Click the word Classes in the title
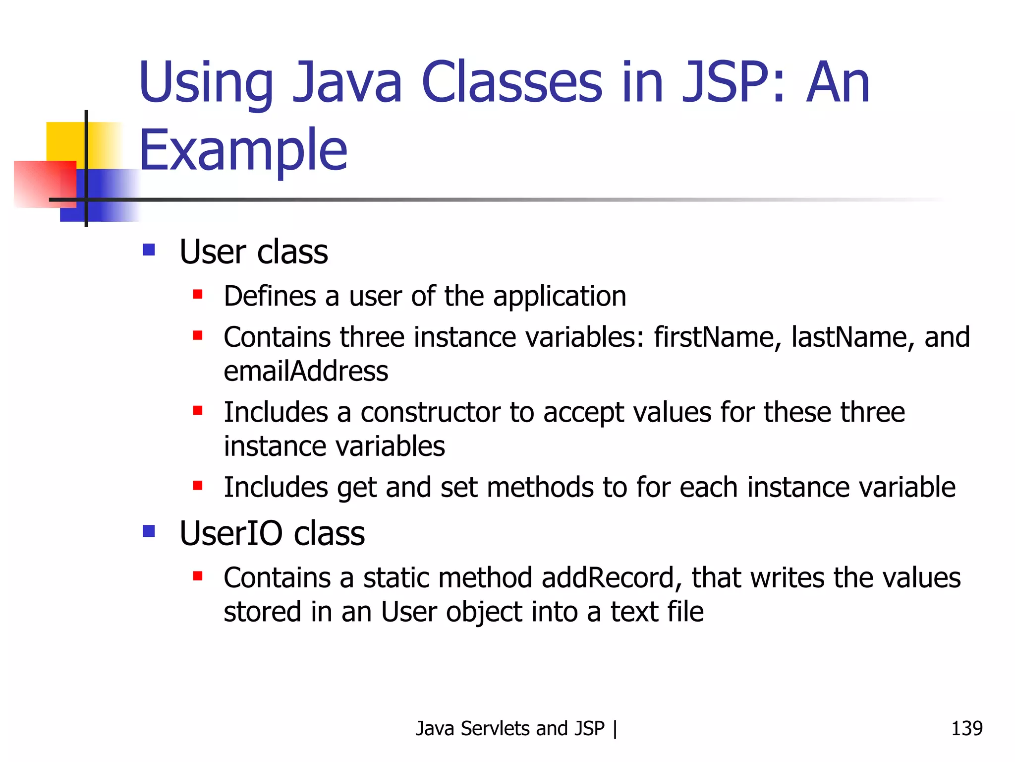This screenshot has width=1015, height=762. coord(511,82)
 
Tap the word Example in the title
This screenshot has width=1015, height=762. coord(243,150)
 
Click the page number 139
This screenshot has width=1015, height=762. coord(966,728)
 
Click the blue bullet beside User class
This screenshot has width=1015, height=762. coord(149,249)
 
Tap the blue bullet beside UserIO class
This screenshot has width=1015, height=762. coord(149,531)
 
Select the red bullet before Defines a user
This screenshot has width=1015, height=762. coord(198,295)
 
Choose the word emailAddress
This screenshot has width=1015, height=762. coord(306,372)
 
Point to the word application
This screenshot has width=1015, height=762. coord(560,297)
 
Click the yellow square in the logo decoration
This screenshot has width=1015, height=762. coord(65,141)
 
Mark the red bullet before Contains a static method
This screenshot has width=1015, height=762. coord(198,576)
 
